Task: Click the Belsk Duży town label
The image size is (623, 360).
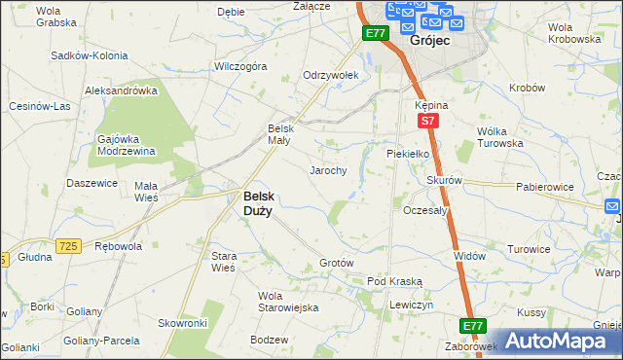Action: tap(257, 201)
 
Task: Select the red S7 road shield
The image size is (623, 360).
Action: tap(426, 121)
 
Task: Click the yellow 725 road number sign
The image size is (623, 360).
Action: tap(67, 247)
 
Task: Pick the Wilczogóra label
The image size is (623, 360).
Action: tap(239, 67)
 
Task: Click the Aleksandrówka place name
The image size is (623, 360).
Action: tap(121, 90)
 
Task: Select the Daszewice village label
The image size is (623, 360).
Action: tap(92, 183)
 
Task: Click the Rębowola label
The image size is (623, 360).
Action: tap(118, 246)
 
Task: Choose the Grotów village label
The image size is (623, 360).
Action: tap(336, 264)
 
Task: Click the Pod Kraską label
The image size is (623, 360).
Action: tap(394, 281)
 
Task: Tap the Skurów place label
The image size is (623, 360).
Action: tap(443, 181)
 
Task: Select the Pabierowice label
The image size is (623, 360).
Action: tap(543, 185)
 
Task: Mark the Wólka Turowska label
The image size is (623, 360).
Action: tap(499, 137)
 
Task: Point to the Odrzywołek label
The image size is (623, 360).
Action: tap(331, 75)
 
